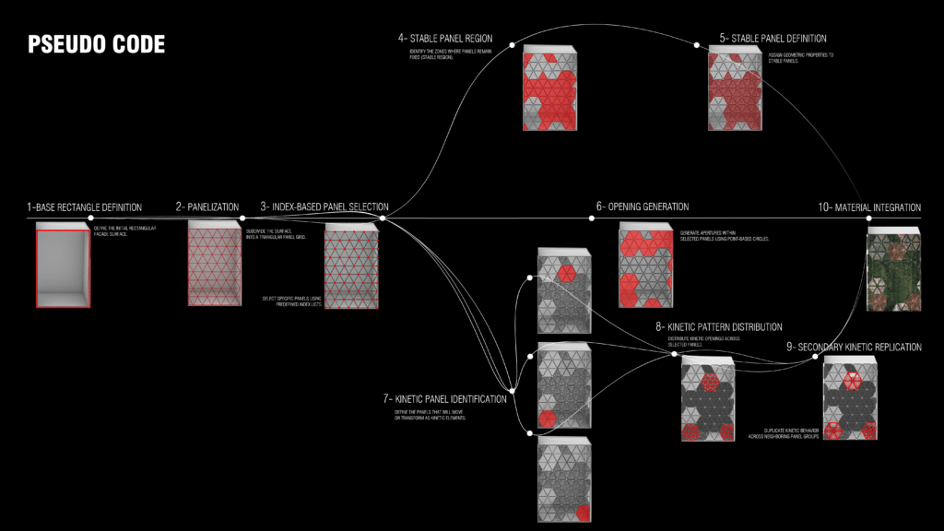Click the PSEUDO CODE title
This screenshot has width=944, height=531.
pos(97,44)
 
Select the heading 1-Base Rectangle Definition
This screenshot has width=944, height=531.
pos(85,207)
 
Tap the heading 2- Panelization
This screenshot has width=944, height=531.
pos(207,207)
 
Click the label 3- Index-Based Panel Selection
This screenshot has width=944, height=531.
pos(324,207)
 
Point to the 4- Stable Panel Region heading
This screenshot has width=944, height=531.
pos(445,39)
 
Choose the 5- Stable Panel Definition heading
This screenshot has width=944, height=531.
pos(773,39)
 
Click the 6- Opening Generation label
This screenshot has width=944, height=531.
pos(643,206)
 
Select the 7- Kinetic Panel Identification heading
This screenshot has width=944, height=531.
pos(445,399)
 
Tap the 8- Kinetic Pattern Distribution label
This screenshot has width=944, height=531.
pos(719,326)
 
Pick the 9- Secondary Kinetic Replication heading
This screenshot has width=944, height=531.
pos(854,347)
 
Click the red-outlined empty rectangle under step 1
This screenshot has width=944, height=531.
pos(63,265)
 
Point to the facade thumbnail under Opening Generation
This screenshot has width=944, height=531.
pos(645,266)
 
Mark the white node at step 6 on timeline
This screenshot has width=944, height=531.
pos(592,218)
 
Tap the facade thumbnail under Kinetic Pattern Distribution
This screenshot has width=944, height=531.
pos(708,398)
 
